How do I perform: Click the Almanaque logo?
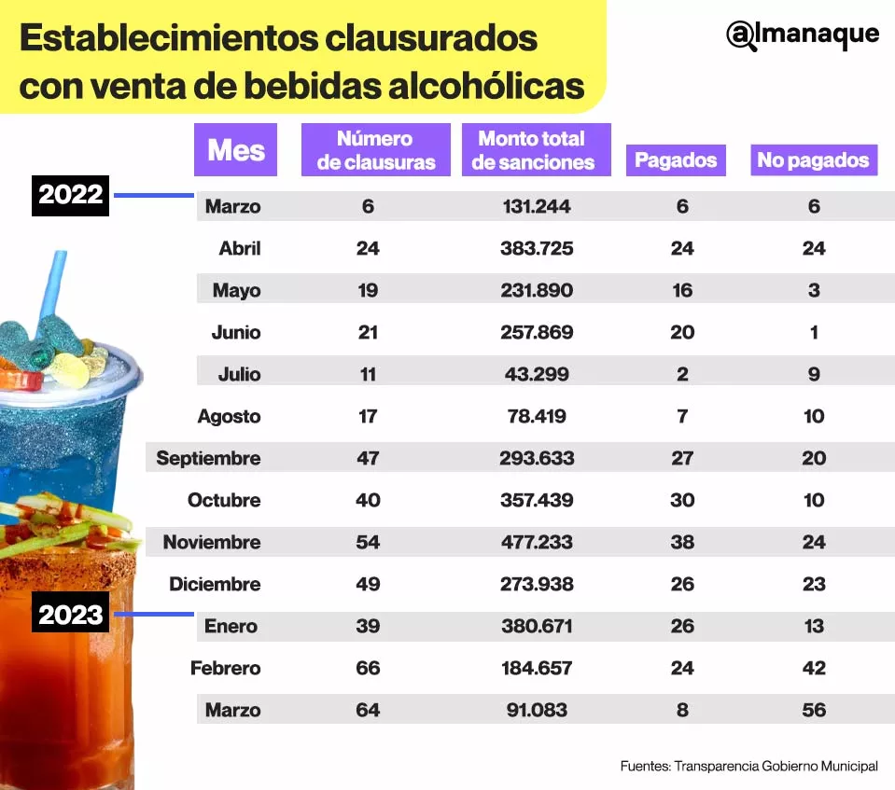[x=803, y=35]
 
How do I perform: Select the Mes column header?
[x=235, y=149]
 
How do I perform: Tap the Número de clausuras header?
[x=375, y=150]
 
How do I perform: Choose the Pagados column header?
[x=676, y=159]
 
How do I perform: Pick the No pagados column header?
[x=813, y=159]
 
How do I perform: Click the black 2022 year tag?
[x=70, y=196]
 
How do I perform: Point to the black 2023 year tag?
[x=70, y=615]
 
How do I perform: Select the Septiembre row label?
[x=208, y=458]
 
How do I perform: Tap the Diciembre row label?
[x=215, y=584]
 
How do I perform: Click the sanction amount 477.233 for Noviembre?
[x=537, y=542]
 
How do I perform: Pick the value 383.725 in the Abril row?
[x=537, y=248]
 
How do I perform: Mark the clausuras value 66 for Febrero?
[x=368, y=668]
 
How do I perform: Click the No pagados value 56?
[x=814, y=710]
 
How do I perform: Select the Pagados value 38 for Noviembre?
[x=682, y=542]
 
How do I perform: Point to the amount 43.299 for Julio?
[x=537, y=374]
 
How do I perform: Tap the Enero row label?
[x=231, y=626]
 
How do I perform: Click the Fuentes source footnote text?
[x=748, y=766]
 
